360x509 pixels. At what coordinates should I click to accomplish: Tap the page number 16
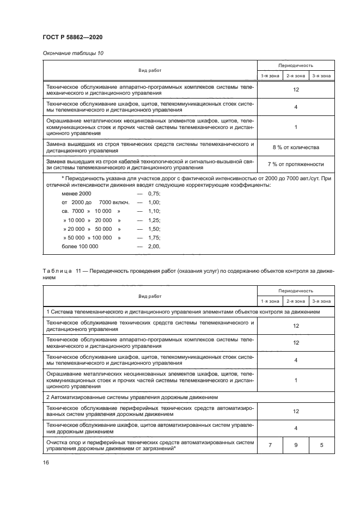(x=46, y=462)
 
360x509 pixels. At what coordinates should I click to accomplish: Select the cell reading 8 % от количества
(x=295, y=148)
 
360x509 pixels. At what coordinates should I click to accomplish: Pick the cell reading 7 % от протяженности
(x=295, y=164)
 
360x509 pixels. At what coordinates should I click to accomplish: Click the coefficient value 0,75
(x=154, y=194)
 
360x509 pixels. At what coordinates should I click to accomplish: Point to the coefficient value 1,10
(x=154, y=211)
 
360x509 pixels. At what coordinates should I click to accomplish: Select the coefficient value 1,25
(x=154, y=220)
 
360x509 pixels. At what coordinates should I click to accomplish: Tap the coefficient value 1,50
(x=154, y=229)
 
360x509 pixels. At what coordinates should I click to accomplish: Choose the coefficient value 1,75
(x=154, y=237)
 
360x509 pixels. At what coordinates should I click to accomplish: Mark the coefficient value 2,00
(x=154, y=246)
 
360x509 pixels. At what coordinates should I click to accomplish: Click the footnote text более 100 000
(x=80, y=246)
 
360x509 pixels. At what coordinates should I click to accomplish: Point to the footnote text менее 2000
(x=76, y=194)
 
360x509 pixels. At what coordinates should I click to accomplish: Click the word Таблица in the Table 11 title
(x=57, y=271)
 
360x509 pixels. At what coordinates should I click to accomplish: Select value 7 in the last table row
(x=270, y=445)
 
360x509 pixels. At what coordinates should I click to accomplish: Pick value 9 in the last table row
(x=296, y=445)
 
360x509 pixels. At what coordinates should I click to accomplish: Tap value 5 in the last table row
(x=321, y=445)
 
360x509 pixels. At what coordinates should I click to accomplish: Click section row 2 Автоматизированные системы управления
(x=132, y=398)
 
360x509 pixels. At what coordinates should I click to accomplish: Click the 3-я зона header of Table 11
(x=321, y=301)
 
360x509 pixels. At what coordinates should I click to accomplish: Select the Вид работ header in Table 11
(x=150, y=296)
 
